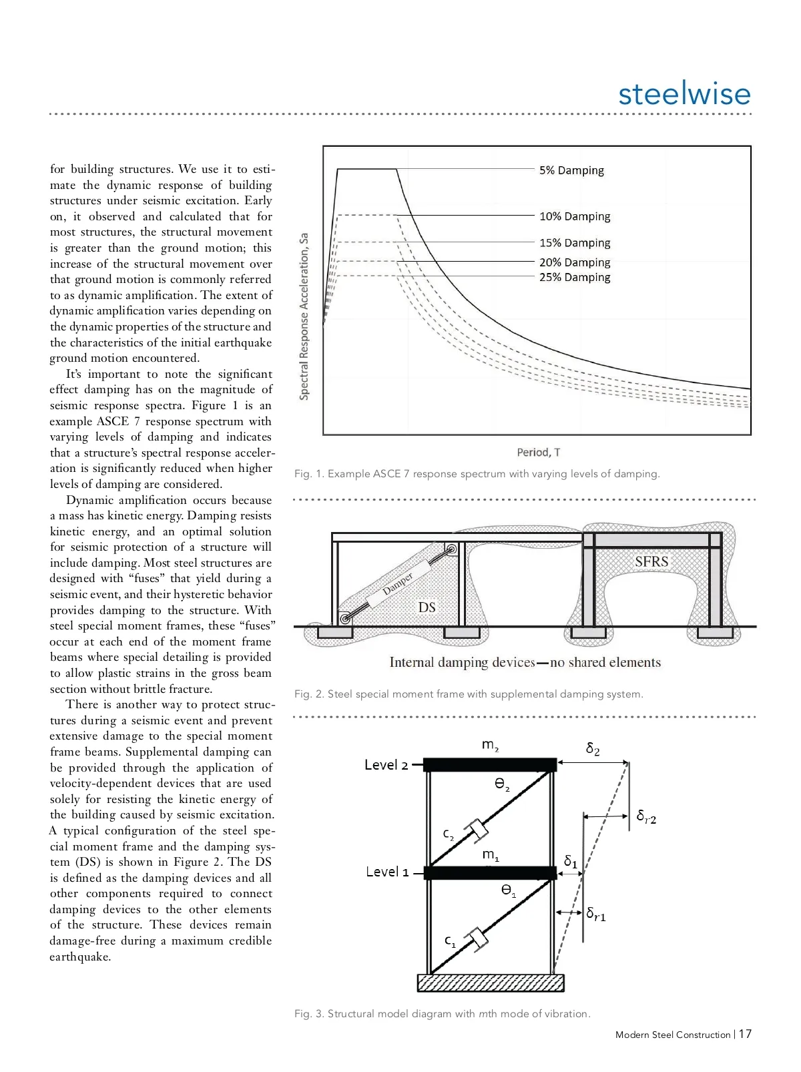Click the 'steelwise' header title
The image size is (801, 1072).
point(684,93)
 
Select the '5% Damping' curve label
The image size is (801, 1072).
point(571,170)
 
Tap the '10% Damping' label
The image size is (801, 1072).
point(575,216)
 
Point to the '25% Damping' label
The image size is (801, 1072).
point(575,277)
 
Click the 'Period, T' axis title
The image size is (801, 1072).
point(538,453)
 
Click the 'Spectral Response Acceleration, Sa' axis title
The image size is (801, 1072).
point(304,316)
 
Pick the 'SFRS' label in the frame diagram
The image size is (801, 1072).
point(651,561)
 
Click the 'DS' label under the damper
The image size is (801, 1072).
point(427,607)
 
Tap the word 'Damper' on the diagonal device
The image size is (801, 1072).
point(398,583)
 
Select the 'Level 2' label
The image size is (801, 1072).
point(386,765)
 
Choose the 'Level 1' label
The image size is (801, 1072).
point(387,872)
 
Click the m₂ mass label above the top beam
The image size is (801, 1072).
point(491,745)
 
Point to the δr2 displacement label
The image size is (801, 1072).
point(646,816)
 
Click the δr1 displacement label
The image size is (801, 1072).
point(596,914)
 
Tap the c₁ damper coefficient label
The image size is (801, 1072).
point(451,941)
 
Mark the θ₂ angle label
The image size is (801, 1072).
point(502,784)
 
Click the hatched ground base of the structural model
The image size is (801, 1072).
point(491,983)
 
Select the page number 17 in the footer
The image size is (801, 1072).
point(745,1034)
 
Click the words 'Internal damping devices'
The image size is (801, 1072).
point(462,662)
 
